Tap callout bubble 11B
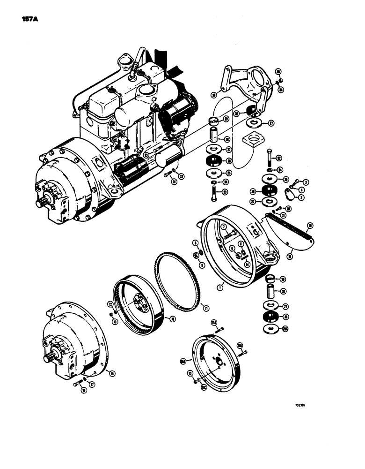click(x=240, y=346)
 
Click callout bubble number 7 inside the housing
click(x=224, y=227)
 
